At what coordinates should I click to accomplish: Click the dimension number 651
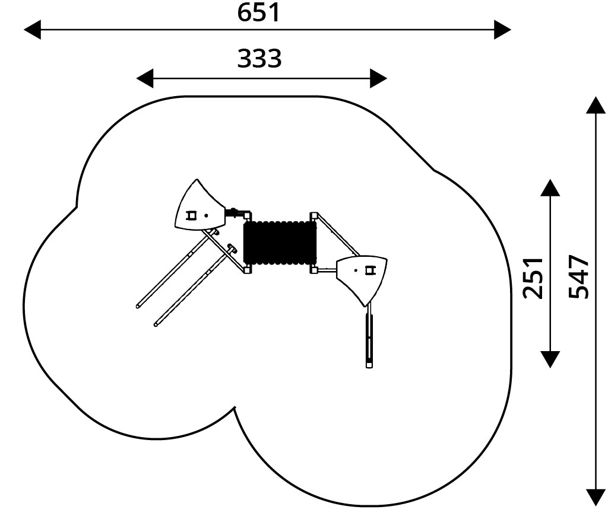(258, 12)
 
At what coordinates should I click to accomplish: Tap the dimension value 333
(259, 59)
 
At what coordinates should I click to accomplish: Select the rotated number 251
(533, 278)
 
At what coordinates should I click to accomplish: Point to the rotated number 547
(578, 276)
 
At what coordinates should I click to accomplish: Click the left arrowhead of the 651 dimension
(33, 30)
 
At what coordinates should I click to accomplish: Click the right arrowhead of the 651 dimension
(502, 30)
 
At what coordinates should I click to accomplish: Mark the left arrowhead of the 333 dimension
(145, 79)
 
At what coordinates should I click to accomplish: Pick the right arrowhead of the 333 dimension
(378, 79)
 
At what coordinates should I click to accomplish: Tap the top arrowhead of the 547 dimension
(596, 105)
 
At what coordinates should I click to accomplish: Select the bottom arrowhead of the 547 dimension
(596, 498)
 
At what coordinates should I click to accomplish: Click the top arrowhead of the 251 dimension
(550, 187)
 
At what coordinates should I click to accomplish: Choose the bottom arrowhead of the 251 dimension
(550, 359)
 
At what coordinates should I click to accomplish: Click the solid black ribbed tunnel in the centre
(280, 243)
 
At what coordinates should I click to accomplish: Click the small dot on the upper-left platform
(206, 215)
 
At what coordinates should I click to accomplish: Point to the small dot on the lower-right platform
(356, 270)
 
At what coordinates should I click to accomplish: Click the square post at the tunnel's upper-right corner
(313, 215)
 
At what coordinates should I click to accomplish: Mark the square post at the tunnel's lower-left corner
(248, 270)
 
